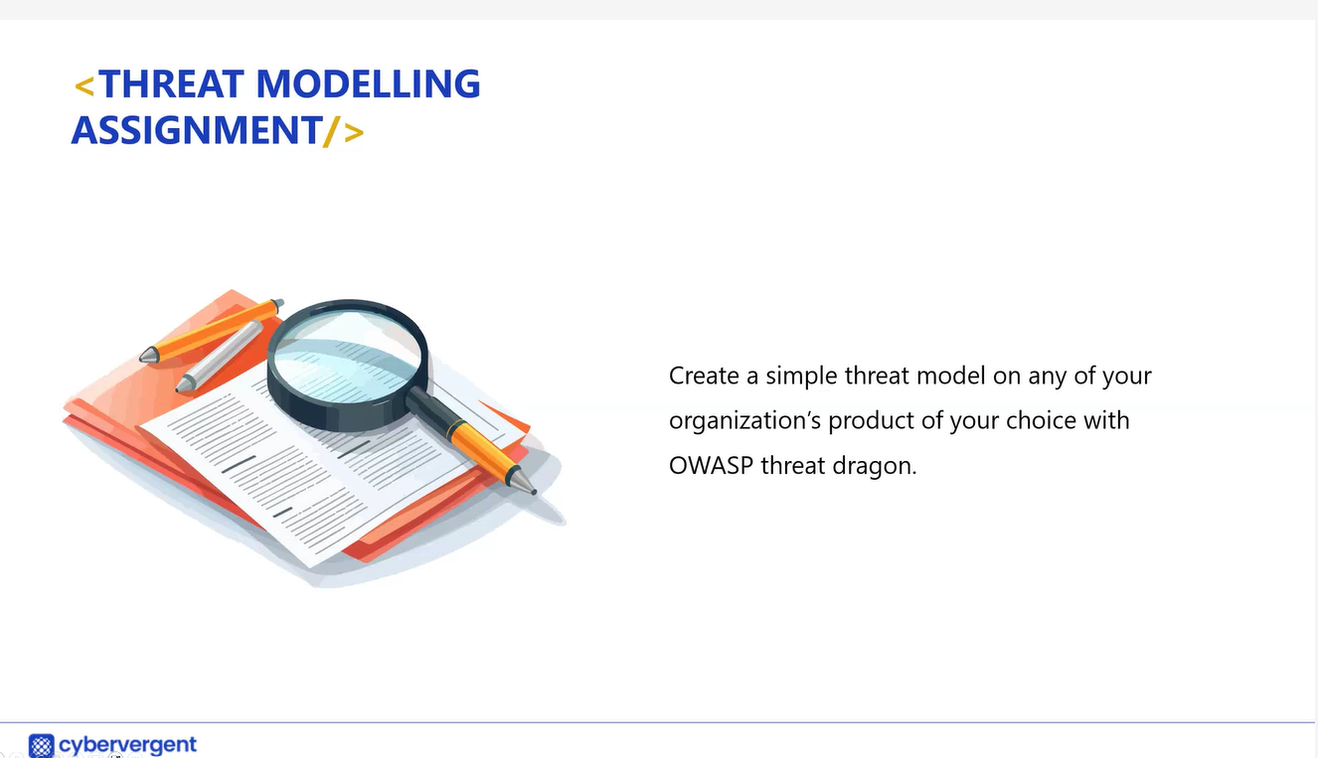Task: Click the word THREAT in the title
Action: [x=171, y=83]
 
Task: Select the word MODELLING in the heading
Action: [x=369, y=83]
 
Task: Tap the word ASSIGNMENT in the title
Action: [x=197, y=130]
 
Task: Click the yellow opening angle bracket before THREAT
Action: [x=84, y=86]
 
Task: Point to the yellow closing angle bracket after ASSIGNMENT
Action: [x=354, y=133]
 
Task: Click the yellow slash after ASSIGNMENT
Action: [x=332, y=130]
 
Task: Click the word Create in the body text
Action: [x=704, y=376]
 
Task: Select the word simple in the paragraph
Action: [x=801, y=377]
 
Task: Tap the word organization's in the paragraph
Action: [x=744, y=421]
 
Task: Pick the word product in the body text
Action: [x=871, y=421]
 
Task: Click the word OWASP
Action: [x=712, y=466]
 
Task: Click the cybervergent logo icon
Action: [x=41, y=746]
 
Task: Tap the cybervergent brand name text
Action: [x=127, y=745]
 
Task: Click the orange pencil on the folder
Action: [x=211, y=332]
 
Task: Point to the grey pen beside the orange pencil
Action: [x=219, y=357]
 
